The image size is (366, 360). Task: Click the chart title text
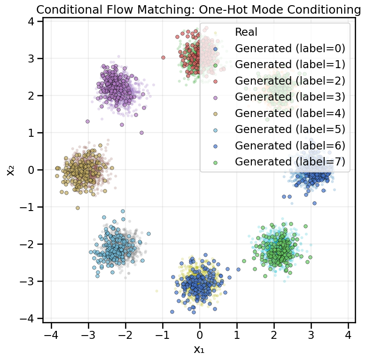195,9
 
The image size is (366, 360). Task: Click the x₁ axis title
199,349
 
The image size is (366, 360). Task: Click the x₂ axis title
11,170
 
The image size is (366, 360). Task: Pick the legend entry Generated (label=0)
290,48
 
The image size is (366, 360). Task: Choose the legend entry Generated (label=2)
290,80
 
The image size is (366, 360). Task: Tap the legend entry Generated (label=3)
290,97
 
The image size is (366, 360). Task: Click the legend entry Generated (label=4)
290,113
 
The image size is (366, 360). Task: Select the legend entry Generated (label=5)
290,129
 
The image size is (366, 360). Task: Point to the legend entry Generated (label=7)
290,162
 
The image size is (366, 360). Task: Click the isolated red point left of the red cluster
163,57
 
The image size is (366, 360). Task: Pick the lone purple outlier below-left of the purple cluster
87,121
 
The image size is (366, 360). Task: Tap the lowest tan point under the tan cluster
78,208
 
